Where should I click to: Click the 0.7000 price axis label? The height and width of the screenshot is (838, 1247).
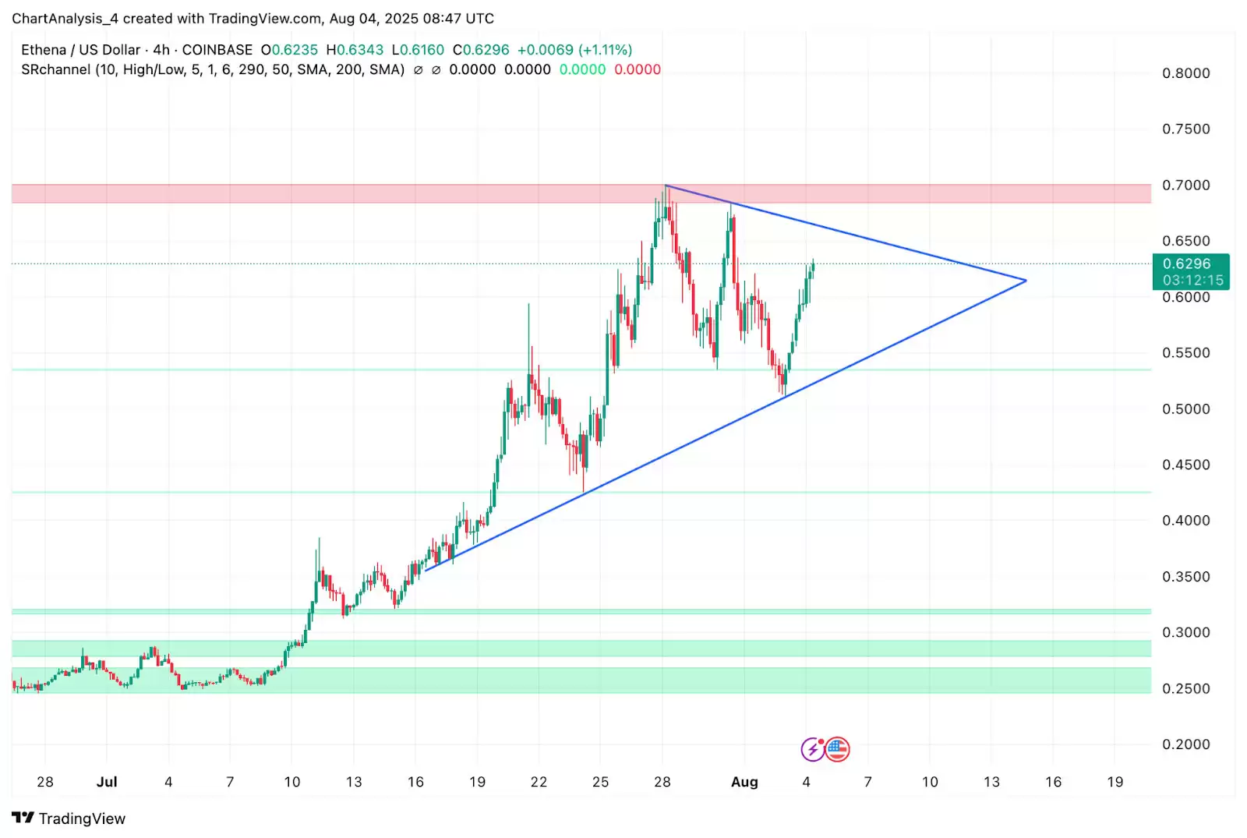tap(1185, 186)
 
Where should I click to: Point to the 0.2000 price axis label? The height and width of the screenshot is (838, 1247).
tap(1185, 744)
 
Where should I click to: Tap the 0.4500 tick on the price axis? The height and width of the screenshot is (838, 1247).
tap(1185, 465)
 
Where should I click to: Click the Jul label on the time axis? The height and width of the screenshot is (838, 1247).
tap(107, 782)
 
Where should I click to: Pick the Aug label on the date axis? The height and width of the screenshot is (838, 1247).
tap(744, 782)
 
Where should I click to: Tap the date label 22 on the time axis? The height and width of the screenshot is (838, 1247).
tap(539, 782)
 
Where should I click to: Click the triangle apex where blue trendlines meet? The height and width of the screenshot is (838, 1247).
tap(1025, 281)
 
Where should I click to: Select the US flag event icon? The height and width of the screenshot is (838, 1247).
tap(837, 749)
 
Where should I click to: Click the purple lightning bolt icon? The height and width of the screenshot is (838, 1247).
tap(813, 749)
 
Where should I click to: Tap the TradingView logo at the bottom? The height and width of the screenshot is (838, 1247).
tap(69, 819)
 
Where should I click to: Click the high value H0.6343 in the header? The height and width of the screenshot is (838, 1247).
tap(355, 50)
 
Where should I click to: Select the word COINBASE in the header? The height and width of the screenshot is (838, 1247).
tap(217, 50)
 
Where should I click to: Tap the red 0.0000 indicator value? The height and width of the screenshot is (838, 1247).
tap(638, 69)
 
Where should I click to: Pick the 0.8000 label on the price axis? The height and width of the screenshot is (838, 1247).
tap(1185, 73)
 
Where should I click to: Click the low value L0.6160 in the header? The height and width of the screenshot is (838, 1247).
tap(418, 50)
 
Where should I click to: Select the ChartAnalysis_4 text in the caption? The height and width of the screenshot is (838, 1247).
tap(65, 19)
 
